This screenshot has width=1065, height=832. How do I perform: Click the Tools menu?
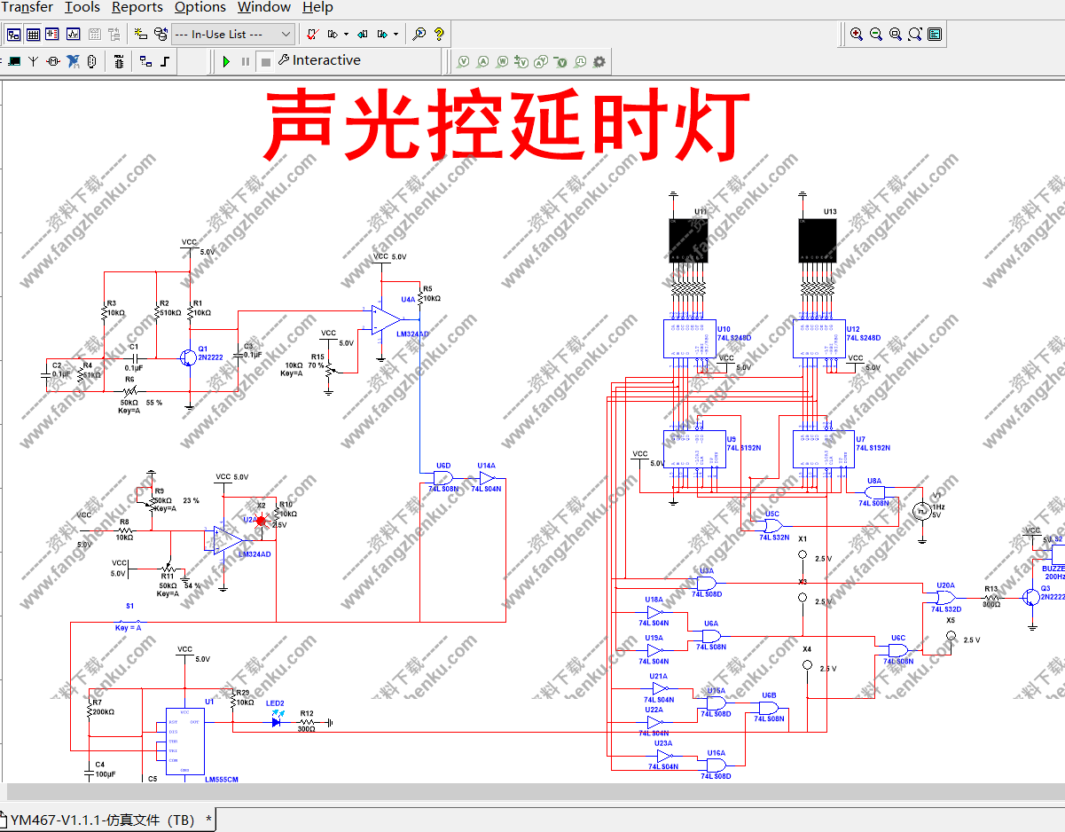point(82,8)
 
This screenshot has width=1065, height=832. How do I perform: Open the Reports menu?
point(137,8)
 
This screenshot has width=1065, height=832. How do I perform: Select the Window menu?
point(263,8)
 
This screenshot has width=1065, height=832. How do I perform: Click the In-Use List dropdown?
point(231,35)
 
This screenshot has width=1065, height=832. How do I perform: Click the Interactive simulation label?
point(325,60)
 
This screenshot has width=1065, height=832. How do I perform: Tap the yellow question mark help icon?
point(438,35)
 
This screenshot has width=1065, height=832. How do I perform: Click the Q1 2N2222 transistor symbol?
point(186,357)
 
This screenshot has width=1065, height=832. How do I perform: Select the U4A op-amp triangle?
point(387,320)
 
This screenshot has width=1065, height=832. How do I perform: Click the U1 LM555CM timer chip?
point(184,742)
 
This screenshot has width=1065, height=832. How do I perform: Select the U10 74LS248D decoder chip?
point(689,338)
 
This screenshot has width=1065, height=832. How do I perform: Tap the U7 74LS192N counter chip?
point(818,449)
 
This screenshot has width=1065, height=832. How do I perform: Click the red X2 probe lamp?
point(261,521)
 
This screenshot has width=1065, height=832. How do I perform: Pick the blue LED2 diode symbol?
point(277,722)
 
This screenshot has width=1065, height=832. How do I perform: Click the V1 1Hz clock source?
point(921,510)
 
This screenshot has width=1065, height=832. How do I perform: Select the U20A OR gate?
point(945,598)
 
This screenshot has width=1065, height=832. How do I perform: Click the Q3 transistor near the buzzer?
point(1031,597)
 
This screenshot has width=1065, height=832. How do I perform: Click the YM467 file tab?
point(102,820)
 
